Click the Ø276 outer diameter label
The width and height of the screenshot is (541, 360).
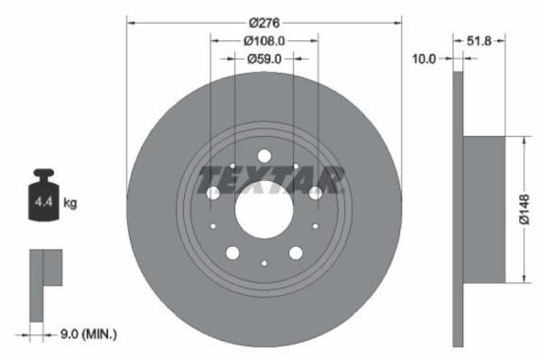[264, 23]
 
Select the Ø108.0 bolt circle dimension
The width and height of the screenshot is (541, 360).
[264, 41]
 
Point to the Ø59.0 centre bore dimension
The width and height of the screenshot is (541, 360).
[264, 59]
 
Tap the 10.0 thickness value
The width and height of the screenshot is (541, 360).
[424, 59]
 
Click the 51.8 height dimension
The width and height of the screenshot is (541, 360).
[479, 40]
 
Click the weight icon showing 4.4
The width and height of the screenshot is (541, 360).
[44, 200]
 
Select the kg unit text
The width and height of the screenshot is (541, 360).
[70, 204]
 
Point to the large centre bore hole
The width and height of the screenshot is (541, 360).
[264, 206]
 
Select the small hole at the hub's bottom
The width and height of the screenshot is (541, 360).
[264, 263]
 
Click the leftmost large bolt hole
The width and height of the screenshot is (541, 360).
[213, 193]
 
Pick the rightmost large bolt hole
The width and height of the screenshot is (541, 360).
[314, 193]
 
